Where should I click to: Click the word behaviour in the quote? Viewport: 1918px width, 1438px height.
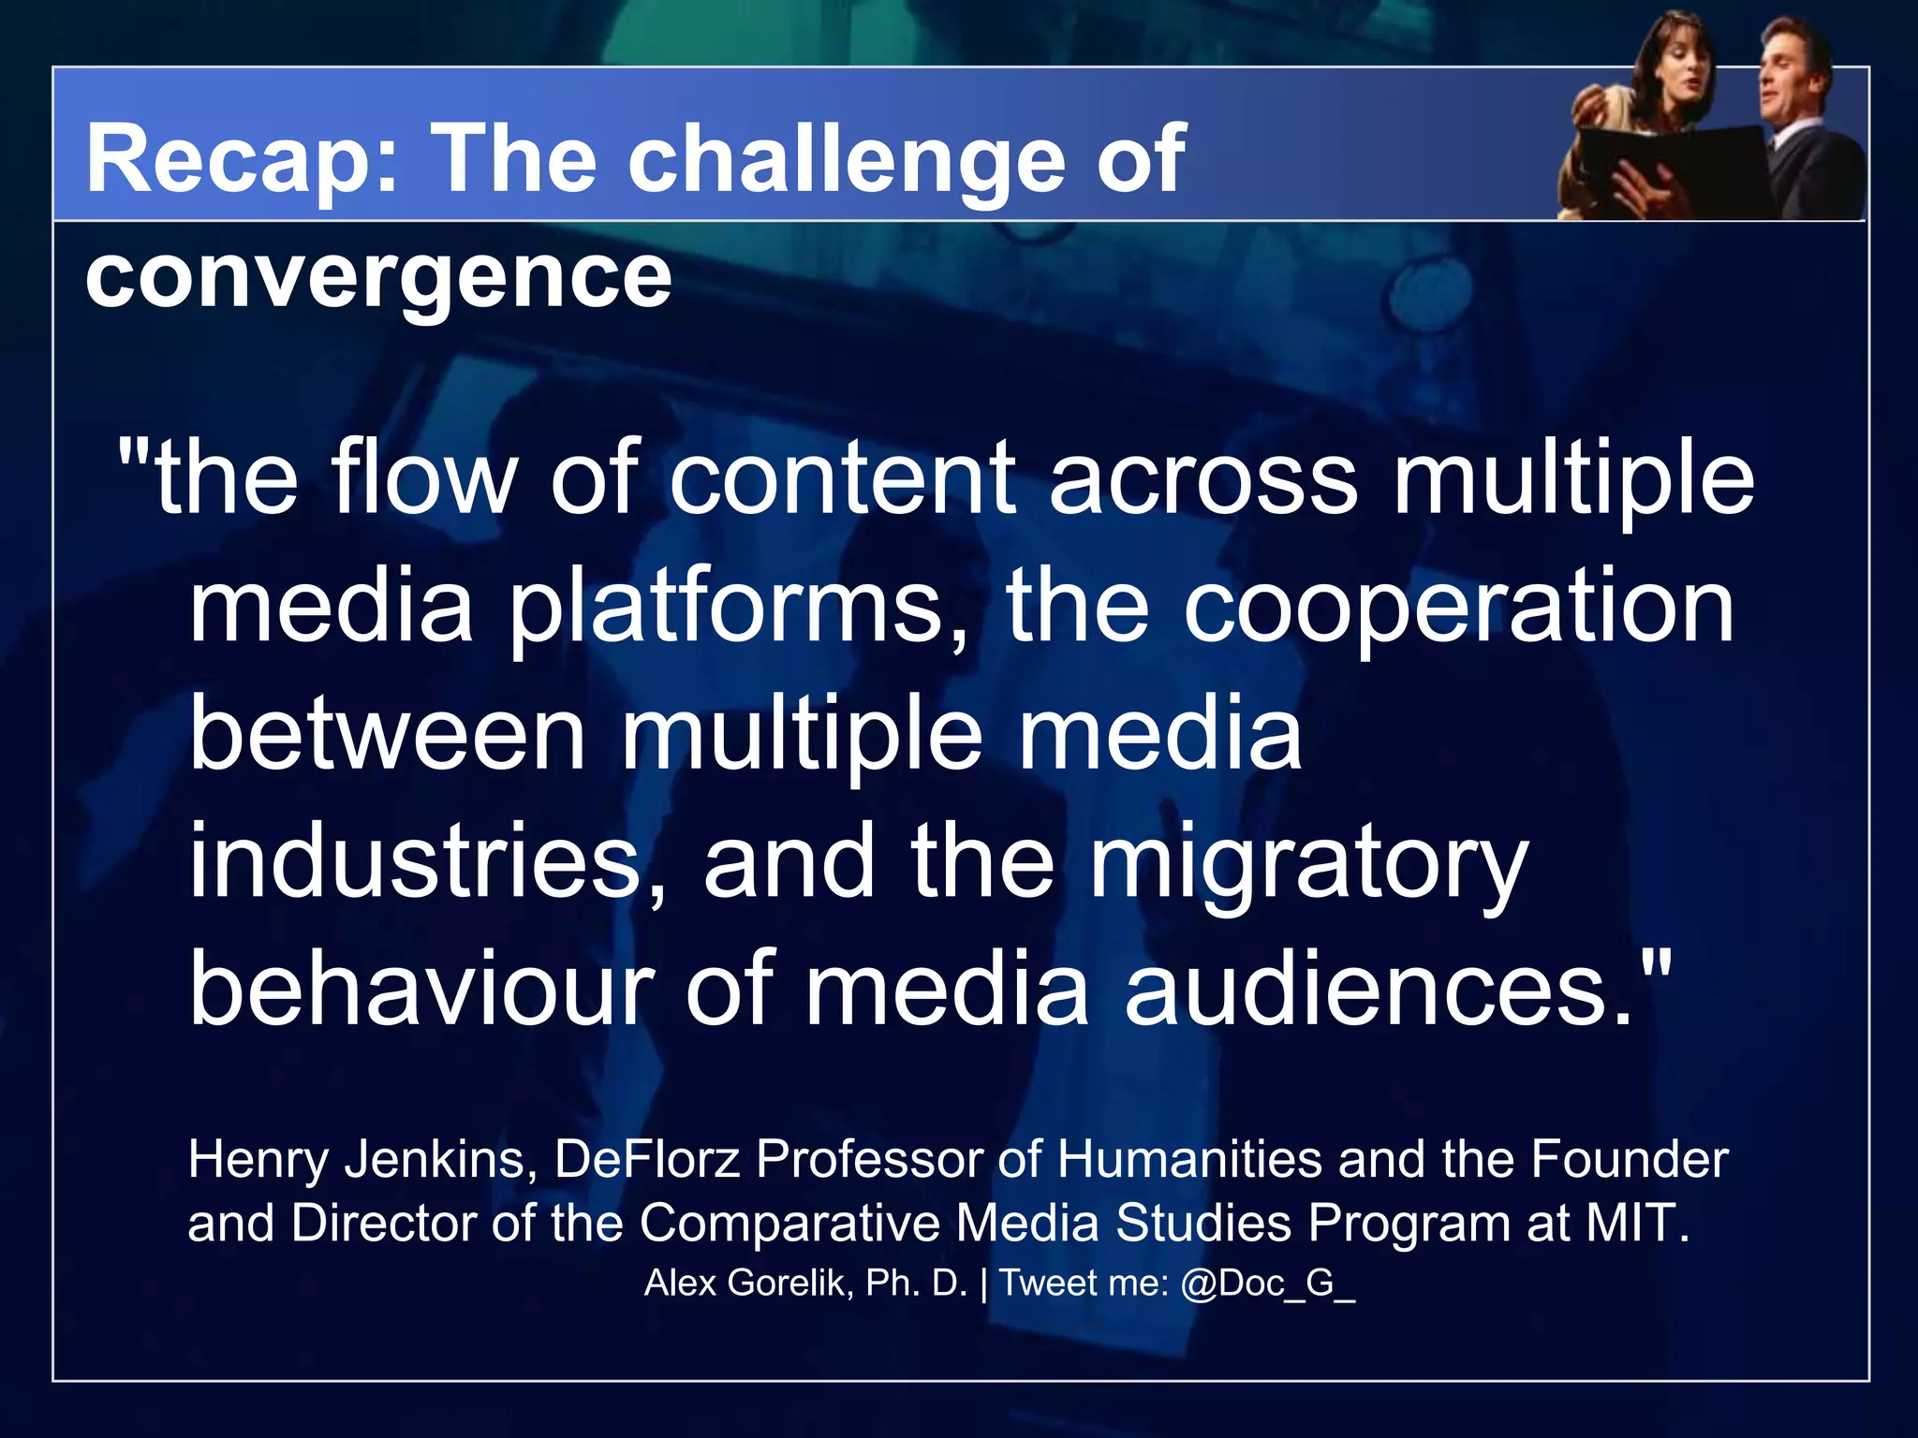421,990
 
